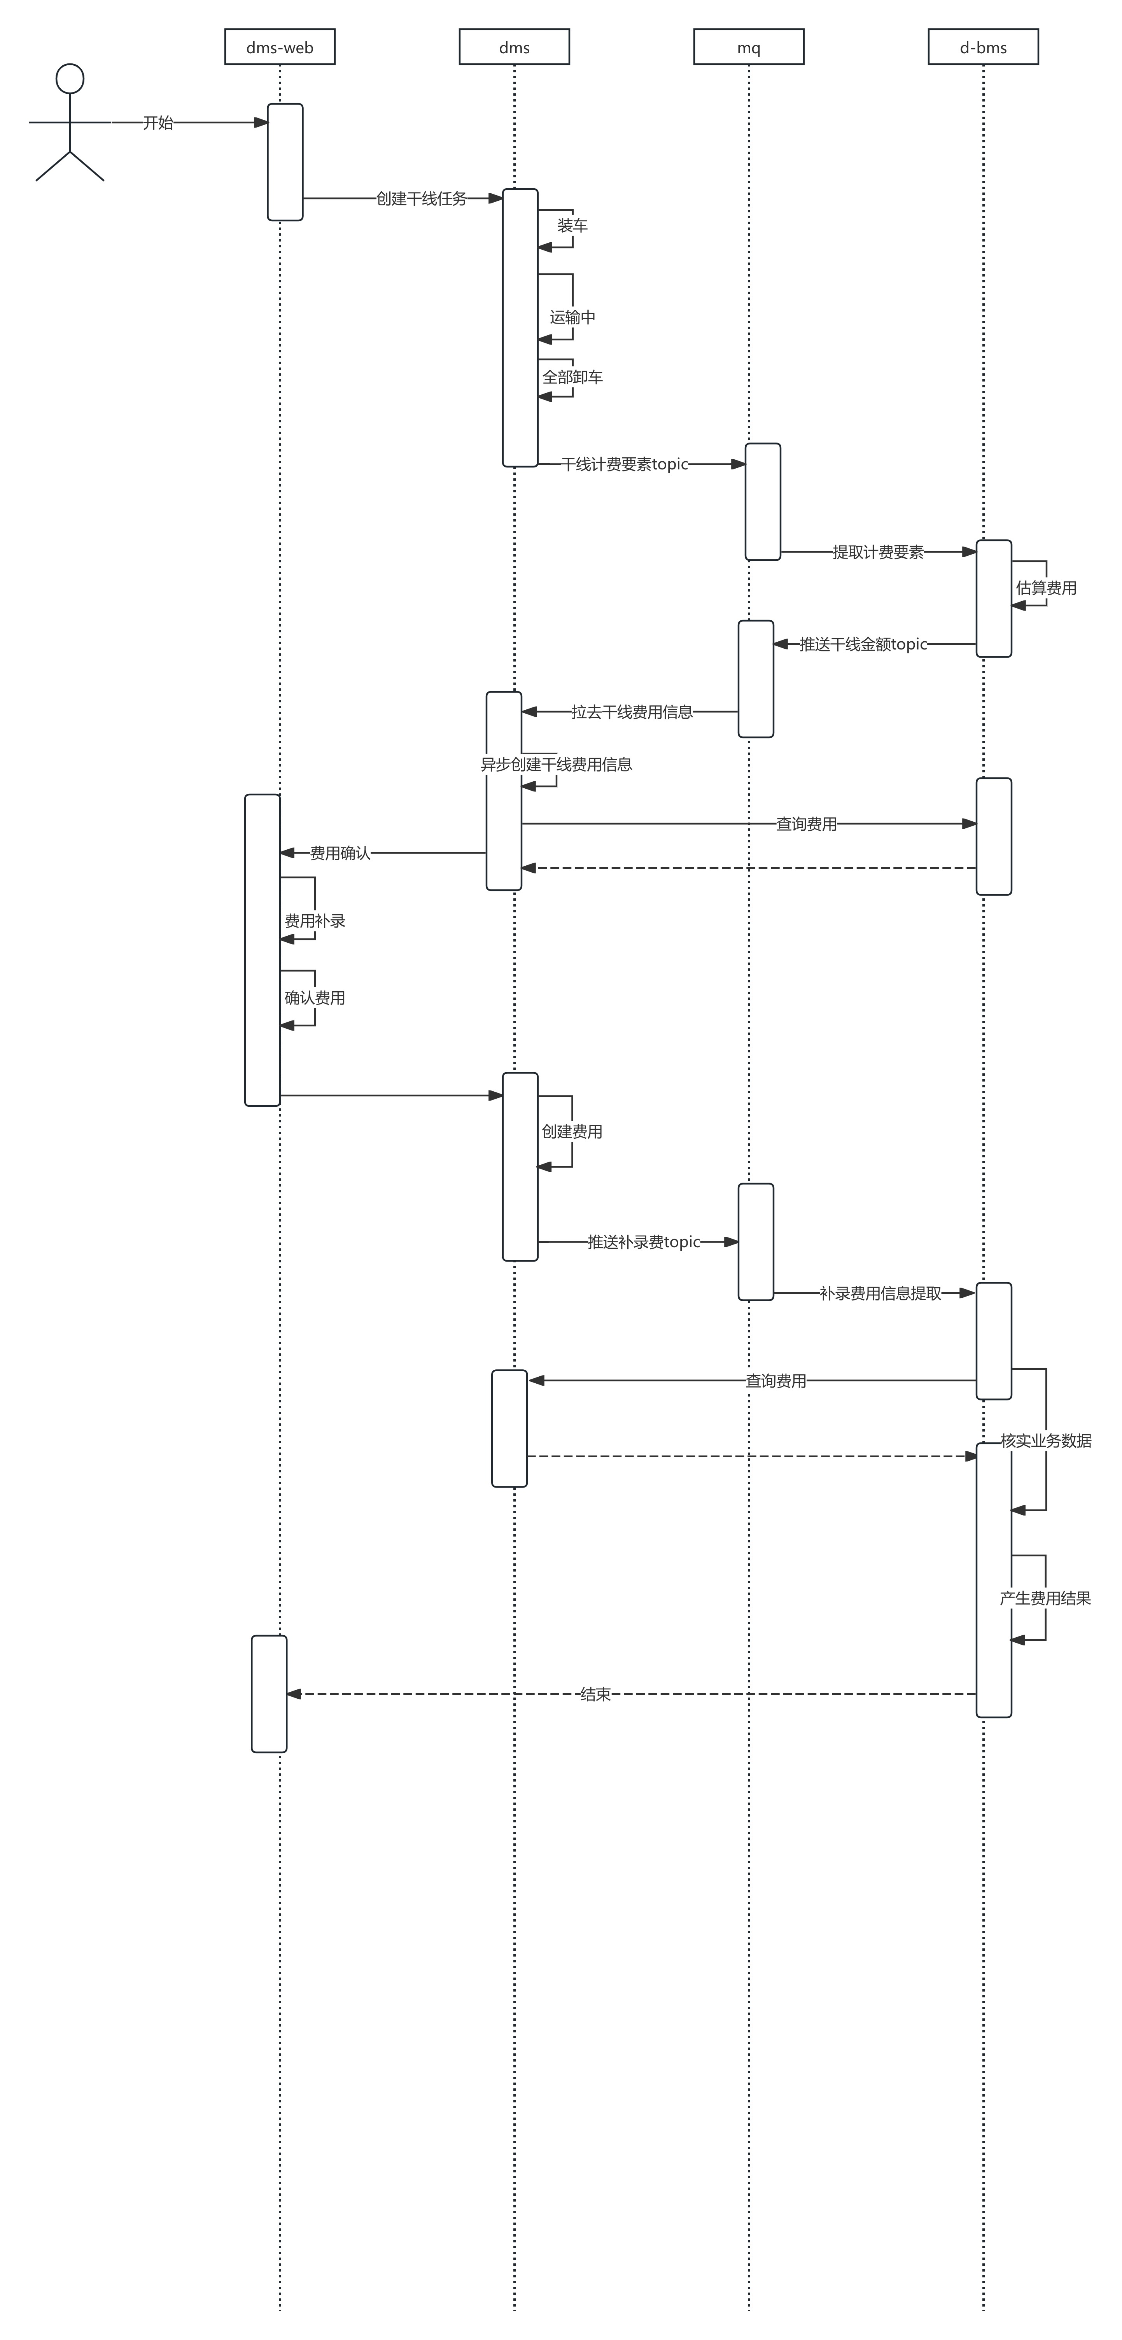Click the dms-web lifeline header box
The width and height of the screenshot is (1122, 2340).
[280, 47]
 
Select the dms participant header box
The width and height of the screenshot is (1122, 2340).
[514, 47]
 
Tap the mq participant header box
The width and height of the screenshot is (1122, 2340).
[749, 47]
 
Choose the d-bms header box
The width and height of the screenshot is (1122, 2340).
[983, 47]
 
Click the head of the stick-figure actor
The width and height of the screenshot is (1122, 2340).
[70, 79]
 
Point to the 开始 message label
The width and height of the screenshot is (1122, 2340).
[158, 123]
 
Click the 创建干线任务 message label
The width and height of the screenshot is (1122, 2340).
[422, 198]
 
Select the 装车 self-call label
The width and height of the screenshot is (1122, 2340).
[572, 225]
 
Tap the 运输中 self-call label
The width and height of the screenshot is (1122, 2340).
[572, 317]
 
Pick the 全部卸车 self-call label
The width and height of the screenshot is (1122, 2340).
[572, 377]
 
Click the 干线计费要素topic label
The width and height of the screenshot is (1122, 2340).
[625, 464]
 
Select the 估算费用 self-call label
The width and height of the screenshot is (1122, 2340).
[1046, 588]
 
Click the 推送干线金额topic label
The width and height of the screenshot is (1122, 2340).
[863, 644]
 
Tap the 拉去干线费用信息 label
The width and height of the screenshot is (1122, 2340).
[632, 712]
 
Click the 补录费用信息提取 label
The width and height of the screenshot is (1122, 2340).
[880, 1293]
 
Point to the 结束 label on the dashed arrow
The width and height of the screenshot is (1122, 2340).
[595, 1694]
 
